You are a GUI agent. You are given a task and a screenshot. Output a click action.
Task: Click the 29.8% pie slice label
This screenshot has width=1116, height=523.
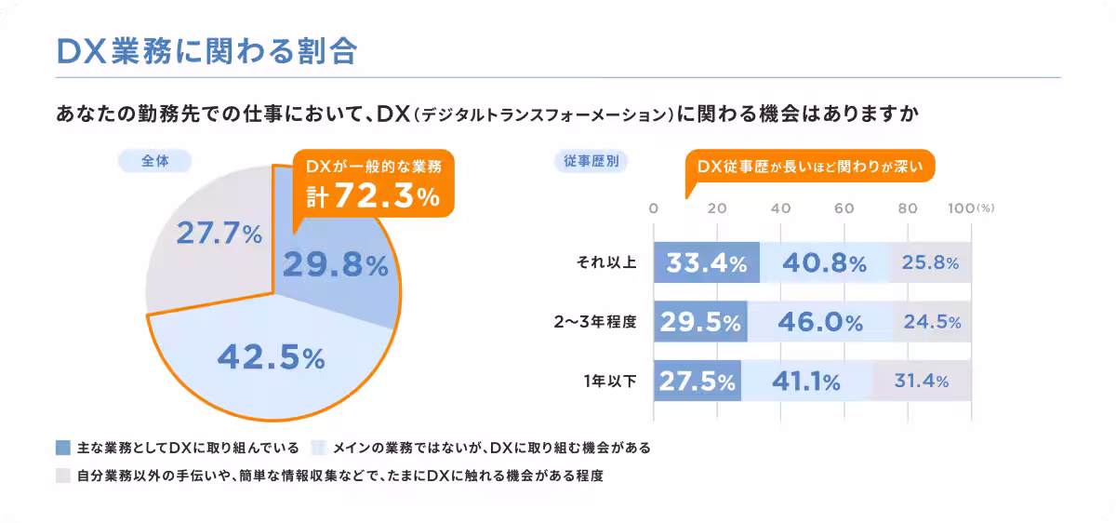pos(336,264)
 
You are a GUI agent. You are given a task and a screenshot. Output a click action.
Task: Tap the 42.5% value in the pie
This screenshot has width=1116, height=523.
pos(271,357)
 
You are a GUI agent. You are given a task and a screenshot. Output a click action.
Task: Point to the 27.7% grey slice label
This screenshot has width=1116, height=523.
pos(219,233)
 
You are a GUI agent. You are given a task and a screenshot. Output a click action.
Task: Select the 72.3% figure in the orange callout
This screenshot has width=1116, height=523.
pos(387,195)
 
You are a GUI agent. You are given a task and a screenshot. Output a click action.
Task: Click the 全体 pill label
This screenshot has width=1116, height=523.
pos(155,161)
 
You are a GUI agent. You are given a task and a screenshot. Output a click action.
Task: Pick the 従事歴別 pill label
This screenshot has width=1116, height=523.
pos(591,161)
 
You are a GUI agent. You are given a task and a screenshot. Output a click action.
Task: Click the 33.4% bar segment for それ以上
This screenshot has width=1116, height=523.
pos(707,262)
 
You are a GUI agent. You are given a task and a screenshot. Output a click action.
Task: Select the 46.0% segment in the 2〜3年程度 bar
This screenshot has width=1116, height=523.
pos(820,322)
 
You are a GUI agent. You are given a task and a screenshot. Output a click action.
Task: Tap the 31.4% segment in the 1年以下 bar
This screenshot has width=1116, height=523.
pos(922,381)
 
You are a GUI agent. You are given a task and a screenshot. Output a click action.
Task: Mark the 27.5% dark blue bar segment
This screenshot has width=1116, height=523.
pos(697,381)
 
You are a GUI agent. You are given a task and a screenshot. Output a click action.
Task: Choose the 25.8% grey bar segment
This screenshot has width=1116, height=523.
pos(930,262)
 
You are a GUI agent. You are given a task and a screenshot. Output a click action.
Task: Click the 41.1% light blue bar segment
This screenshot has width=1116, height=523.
pos(806,381)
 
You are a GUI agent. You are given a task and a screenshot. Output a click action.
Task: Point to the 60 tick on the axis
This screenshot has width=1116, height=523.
pos(844,208)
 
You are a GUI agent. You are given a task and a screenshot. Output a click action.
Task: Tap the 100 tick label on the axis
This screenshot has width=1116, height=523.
pos(961,208)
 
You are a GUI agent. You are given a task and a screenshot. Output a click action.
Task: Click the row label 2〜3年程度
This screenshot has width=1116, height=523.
pos(595,322)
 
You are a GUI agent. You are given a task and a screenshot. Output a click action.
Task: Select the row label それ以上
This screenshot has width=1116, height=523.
pos(606,262)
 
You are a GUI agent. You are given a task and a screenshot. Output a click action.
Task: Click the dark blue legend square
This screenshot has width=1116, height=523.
pos(63,448)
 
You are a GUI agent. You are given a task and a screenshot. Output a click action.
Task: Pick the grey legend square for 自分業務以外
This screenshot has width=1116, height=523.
pos(63,476)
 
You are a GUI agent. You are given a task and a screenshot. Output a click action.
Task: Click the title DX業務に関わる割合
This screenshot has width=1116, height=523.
pos(207,51)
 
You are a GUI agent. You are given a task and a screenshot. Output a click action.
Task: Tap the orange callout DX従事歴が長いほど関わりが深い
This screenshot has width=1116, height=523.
pos(810,166)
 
